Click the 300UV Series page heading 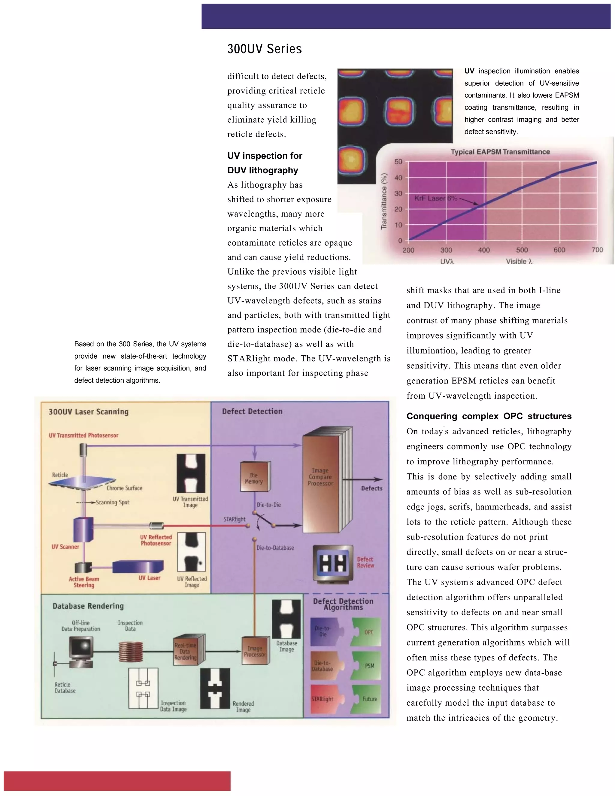coord(265,49)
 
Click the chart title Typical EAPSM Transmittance coord(500,152)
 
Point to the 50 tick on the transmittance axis coord(398,162)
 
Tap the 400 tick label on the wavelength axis coord(484,250)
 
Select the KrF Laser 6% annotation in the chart coord(435,198)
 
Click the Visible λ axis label coord(519,261)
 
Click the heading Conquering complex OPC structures coord(489,416)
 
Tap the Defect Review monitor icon coord(333,564)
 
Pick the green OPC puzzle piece coord(366,632)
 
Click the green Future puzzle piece coord(367,699)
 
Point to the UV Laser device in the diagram coord(138,567)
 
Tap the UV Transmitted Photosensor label coord(83,435)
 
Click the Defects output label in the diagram coord(372,488)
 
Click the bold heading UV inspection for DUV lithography coord(265,163)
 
